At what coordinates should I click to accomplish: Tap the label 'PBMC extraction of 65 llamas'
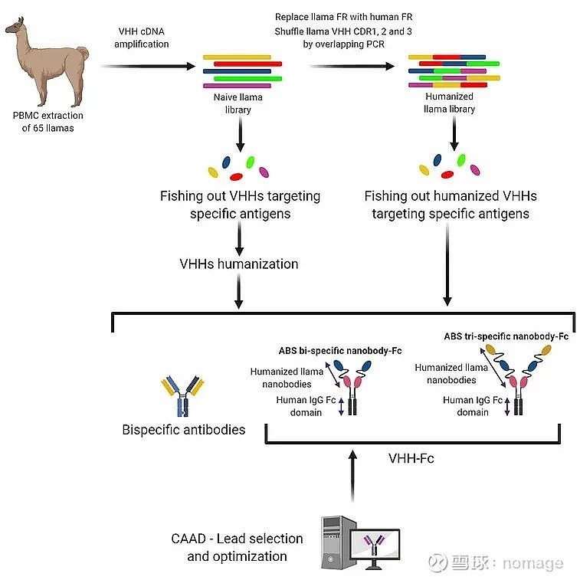click(48, 121)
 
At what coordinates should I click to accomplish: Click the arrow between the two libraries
click(356, 67)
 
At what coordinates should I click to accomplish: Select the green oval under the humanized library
click(460, 159)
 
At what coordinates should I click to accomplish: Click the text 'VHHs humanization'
click(239, 264)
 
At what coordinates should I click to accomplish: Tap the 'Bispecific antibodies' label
click(184, 430)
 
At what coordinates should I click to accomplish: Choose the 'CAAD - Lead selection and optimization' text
click(237, 547)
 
